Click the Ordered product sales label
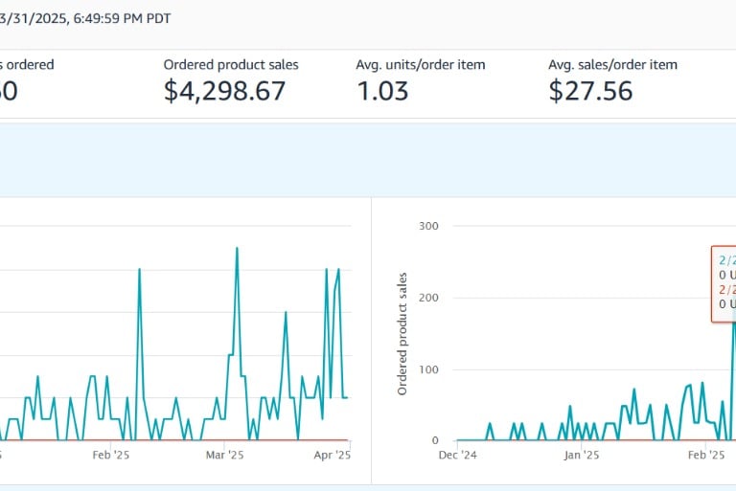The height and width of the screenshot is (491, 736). [x=231, y=65]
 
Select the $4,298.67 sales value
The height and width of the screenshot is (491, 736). [x=224, y=91]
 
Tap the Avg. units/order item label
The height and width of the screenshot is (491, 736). [x=421, y=65]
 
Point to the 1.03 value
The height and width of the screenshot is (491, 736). [x=382, y=91]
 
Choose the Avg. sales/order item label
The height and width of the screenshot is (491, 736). [x=612, y=65]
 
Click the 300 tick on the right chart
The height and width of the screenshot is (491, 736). [x=428, y=226]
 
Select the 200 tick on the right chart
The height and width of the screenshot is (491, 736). [x=428, y=298]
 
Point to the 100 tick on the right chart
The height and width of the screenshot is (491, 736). [x=428, y=369]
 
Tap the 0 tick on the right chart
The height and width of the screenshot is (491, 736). [x=434, y=441]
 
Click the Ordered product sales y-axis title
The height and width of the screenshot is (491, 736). [x=403, y=333]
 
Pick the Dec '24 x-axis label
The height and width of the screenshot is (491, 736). [x=458, y=457]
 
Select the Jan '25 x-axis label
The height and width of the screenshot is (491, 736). [x=582, y=457]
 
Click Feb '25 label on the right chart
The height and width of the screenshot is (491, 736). [x=706, y=457]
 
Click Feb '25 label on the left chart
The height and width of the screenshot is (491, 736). [x=110, y=457]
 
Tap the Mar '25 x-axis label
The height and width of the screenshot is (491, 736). [x=222, y=457]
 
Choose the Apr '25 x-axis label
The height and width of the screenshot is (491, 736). [x=332, y=457]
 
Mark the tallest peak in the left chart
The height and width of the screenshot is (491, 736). [x=237, y=248]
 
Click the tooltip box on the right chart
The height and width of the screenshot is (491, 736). [x=724, y=282]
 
